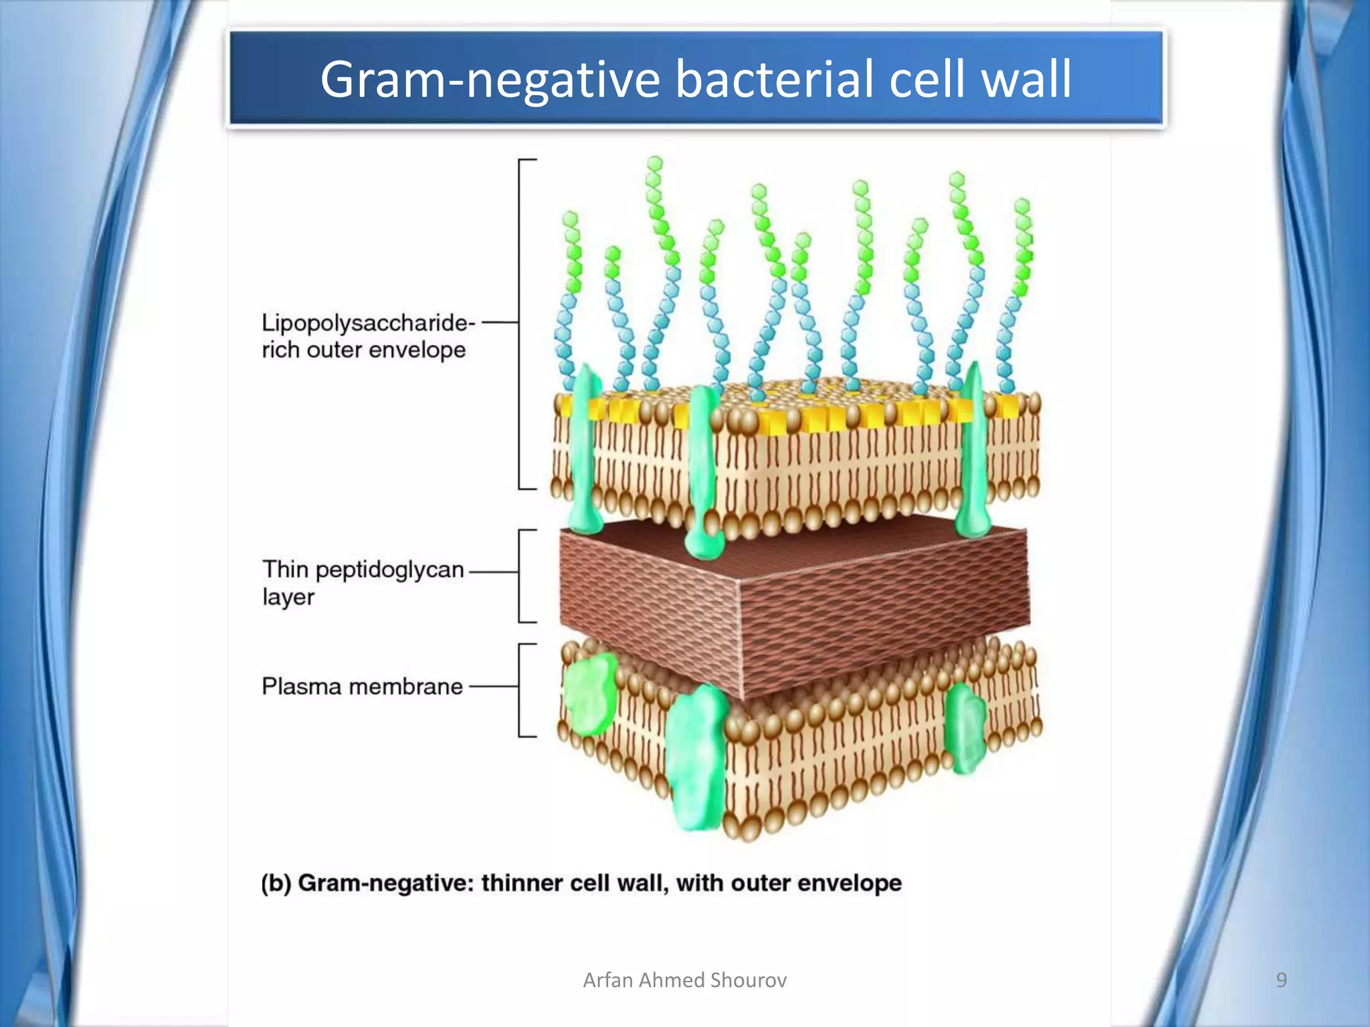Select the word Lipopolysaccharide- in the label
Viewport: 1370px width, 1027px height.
[x=368, y=323]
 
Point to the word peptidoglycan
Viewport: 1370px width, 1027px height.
[x=389, y=570]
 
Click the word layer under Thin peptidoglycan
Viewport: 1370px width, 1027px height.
[x=288, y=596]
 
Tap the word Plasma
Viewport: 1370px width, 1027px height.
[x=300, y=687]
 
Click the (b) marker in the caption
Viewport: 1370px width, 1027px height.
[x=276, y=883]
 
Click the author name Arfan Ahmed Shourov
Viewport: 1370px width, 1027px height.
[x=684, y=980]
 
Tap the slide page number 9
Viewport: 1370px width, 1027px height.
[x=1281, y=980]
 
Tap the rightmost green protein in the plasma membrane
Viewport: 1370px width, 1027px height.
[x=965, y=729]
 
